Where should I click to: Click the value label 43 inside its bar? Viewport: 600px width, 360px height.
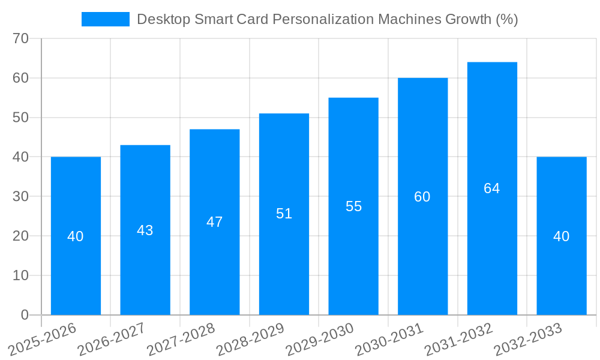point(145,230)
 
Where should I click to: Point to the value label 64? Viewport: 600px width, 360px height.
point(492,188)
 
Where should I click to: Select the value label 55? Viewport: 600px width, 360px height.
point(353,206)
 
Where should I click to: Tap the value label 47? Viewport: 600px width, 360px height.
point(215,222)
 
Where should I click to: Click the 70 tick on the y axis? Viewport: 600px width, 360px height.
point(21,38)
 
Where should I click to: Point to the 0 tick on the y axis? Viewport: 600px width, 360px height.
point(25,315)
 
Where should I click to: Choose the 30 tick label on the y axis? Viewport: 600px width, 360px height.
point(21,196)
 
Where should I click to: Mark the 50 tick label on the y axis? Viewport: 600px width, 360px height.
point(21,118)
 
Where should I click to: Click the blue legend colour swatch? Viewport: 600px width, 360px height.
point(106,19)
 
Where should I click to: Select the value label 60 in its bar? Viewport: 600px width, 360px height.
point(422,197)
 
